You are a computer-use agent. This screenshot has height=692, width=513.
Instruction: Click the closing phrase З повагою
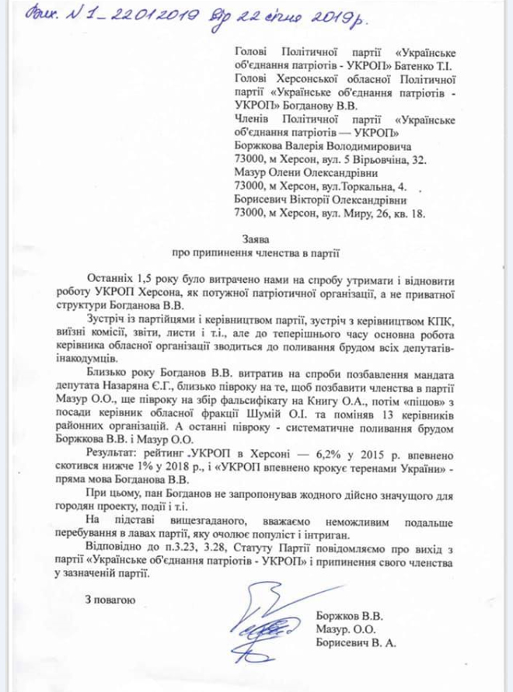coord(111,599)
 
